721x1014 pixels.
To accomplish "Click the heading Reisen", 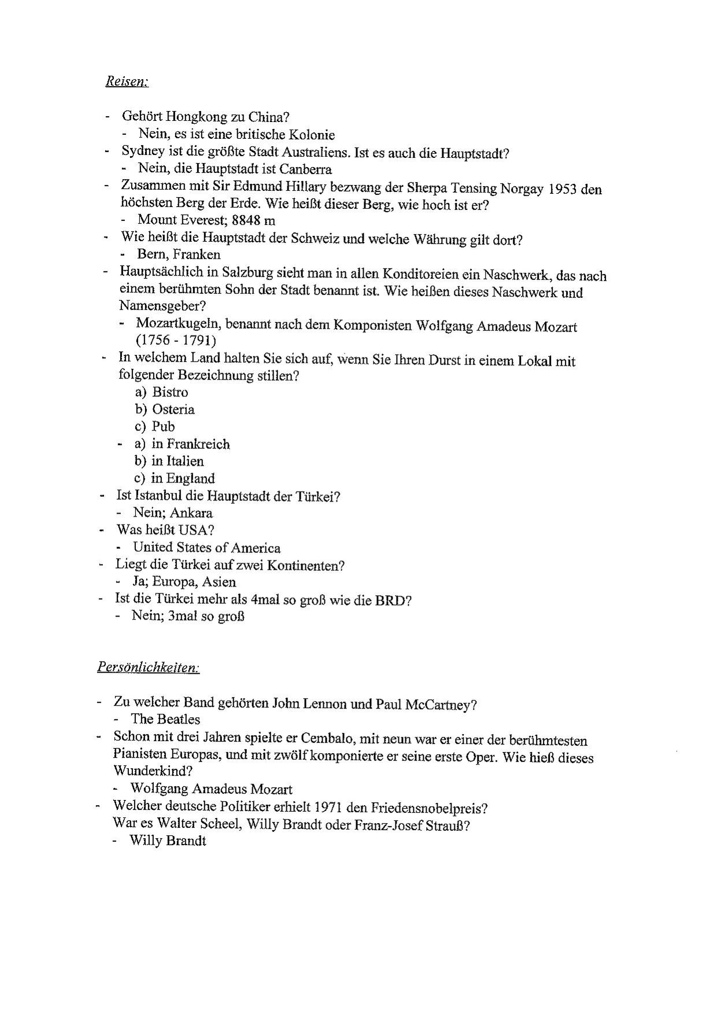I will click(127, 82).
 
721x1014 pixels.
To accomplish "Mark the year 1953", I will click(563, 189).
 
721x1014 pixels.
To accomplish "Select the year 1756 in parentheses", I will click(154, 341).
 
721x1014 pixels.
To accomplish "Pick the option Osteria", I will click(173, 410).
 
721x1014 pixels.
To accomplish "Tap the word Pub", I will click(163, 427).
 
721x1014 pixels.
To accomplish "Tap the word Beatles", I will click(179, 720).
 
